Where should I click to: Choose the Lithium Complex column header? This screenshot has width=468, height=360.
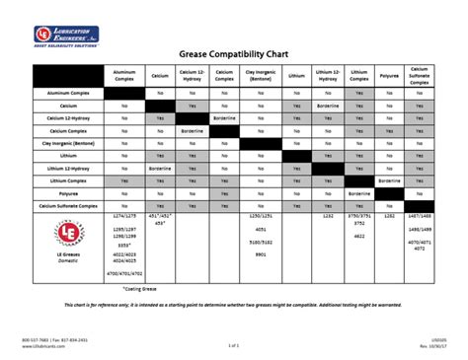click(x=359, y=75)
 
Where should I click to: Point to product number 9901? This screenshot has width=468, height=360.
click(x=260, y=254)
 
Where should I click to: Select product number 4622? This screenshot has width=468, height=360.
click(x=358, y=237)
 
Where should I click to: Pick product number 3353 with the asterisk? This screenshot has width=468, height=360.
click(x=125, y=244)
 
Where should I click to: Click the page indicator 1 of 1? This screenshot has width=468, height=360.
click(x=233, y=346)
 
